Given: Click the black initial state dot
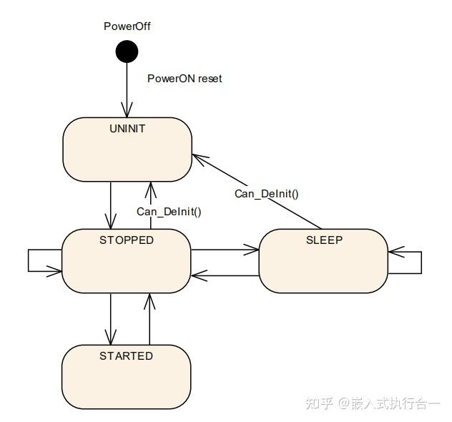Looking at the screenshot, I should pyautogui.click(x=127, y=51).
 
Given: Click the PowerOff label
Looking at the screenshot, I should pyautogui.click(x=127, y=26).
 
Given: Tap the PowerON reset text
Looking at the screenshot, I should pyautogui.click(x=185, y=79).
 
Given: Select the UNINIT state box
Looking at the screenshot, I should pyautogui.click(x=127, y=149).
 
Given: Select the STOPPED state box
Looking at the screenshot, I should pyautogui.click(x=127, y=260).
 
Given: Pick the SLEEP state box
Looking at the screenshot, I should pyautogui.click(x=323, y=260).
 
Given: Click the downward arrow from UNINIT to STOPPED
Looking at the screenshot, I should pyautogui.click(x=111, y=205).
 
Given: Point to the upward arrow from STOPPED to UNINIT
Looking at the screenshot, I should pyautogui.click(x=150, y=205).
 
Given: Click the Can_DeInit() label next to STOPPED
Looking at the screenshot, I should pyautogui.click(x=169, y=212).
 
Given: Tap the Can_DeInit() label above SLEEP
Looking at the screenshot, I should pyautogui.click(x=267, y=193).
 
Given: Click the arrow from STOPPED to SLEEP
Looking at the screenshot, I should pyautogui.click(x=225, y=250).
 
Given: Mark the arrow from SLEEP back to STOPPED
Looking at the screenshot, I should pyautogui.click(x=225, y=274).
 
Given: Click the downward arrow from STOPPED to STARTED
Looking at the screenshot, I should pyautogui.click(x=111, y=318).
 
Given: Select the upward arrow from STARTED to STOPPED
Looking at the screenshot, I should pyautogui.click(x=150, y=318).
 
